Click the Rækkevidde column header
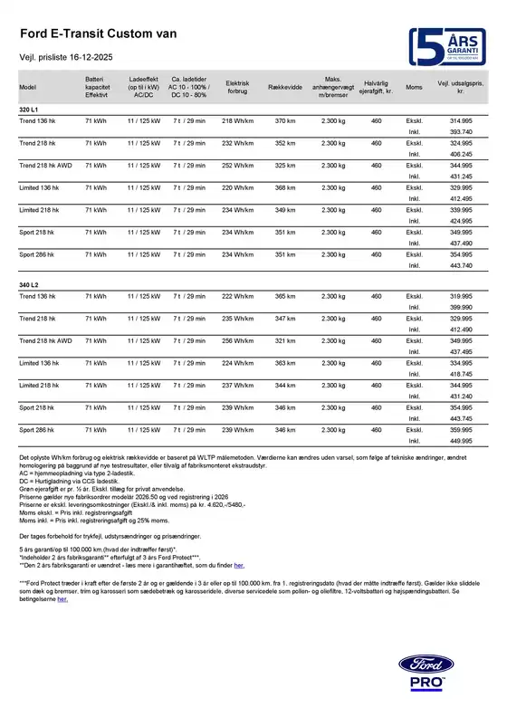tap(285, 87)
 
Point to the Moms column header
tap(414, 87)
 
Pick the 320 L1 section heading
tap(29, 110)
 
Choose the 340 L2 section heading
tap(29, 286)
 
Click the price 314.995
tap(462, 120)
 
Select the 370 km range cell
tap(285, 120)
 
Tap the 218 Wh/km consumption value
tap(239, 120)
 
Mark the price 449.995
tap(462, 442)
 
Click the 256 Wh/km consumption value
tap(239, 340)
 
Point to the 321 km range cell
tap(285, 340)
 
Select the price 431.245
tap(462, 176)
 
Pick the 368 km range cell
tap(285, 186)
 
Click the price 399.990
tap(462, 308)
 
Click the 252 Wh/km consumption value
tap(239, 165)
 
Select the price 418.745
tap(462, 374)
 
